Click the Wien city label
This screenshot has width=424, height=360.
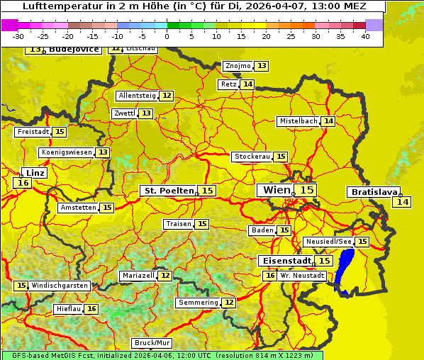coord(277,190)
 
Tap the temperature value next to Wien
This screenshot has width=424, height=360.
coord(306,190)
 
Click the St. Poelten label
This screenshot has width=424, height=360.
coord(168,191)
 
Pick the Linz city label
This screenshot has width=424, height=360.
coord(35,173)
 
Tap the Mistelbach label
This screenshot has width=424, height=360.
coord(298,121)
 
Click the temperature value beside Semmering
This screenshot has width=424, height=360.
coord(228,303)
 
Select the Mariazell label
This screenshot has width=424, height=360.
coord(138,275)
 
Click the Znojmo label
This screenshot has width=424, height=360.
coord(237,66)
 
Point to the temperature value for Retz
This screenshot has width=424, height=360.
coord(247,84)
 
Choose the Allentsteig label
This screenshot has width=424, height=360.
coord(137,96)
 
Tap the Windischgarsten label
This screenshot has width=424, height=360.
coord(60,286)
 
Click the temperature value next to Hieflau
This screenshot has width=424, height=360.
coord(91,309)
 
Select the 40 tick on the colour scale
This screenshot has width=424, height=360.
coord(365,36)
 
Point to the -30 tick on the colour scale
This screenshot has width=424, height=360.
coord(18,36)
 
